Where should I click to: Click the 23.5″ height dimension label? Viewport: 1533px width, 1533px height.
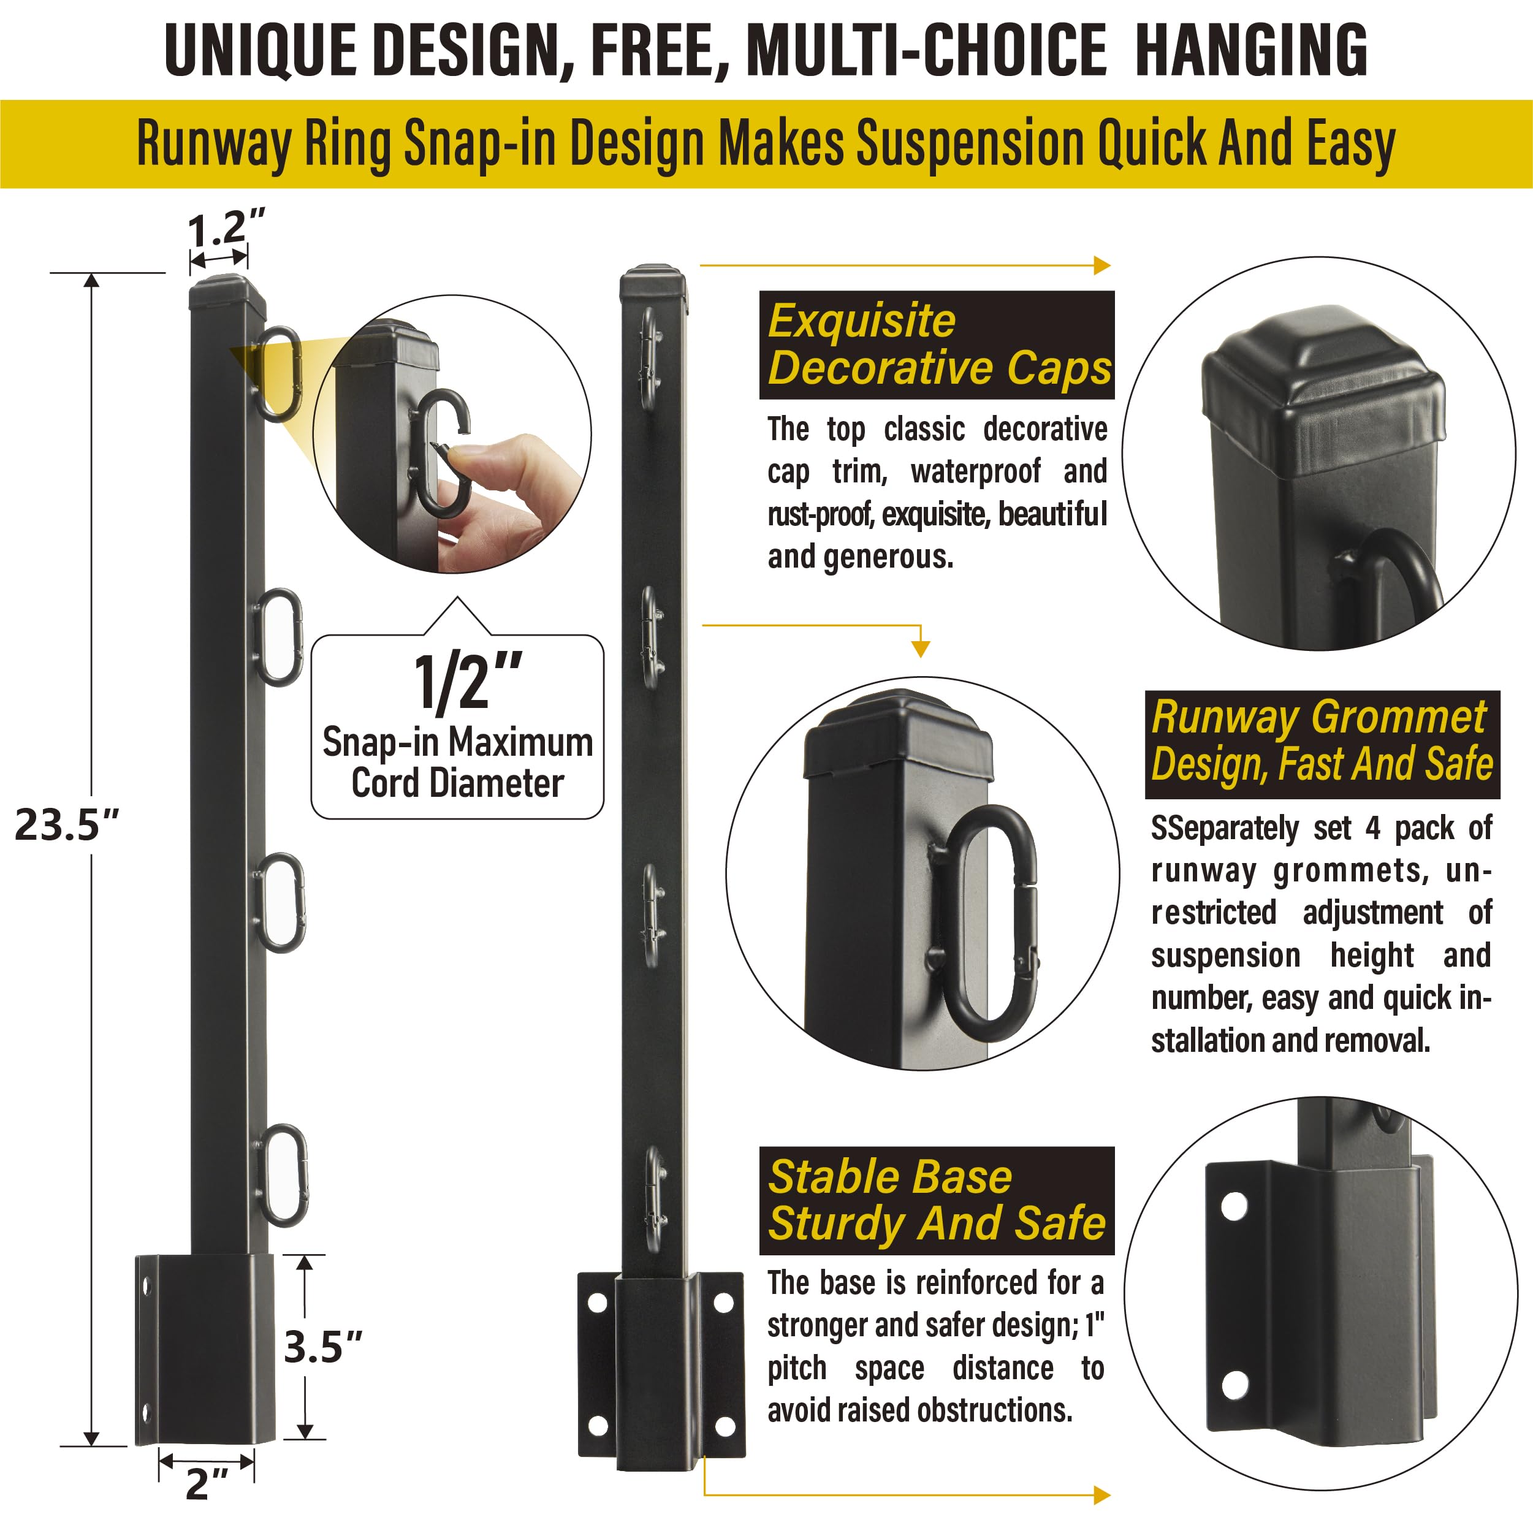[67, 825]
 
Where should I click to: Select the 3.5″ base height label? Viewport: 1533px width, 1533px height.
[323, 1347]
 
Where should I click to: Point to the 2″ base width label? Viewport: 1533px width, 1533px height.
[207, 1484]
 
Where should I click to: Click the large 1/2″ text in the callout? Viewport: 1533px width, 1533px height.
[468, 682]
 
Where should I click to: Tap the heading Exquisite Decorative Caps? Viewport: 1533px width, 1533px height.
[937, 344]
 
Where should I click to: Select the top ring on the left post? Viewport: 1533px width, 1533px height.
[278, 373]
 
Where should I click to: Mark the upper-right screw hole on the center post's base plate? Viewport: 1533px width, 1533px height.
[724, 1304]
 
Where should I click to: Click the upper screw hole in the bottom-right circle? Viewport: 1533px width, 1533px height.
[1234, 1207]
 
